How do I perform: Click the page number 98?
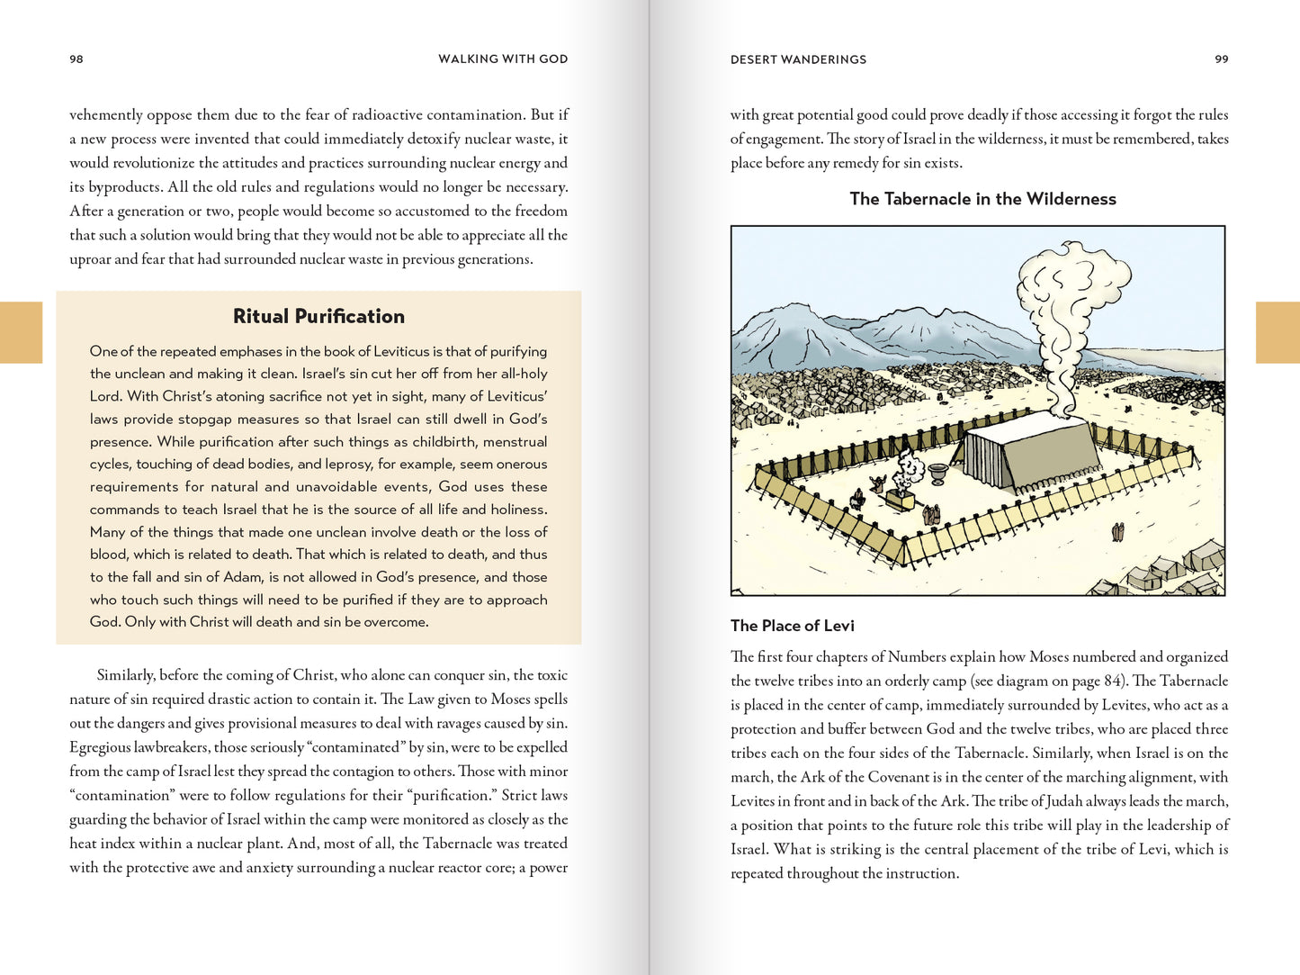(76, 59)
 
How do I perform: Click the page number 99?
(1221, 59)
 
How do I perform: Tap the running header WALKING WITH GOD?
(503, 59)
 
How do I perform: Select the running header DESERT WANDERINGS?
(798, 59)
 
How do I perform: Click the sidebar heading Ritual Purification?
(318, 317)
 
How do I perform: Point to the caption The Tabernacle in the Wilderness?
(982, 199)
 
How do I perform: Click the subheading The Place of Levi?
(792, 626)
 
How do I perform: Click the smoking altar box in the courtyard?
(901, 498)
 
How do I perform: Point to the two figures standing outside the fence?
(1117, 532)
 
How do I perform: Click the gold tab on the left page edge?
(21, 332)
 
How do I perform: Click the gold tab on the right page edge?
(1278, 332)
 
